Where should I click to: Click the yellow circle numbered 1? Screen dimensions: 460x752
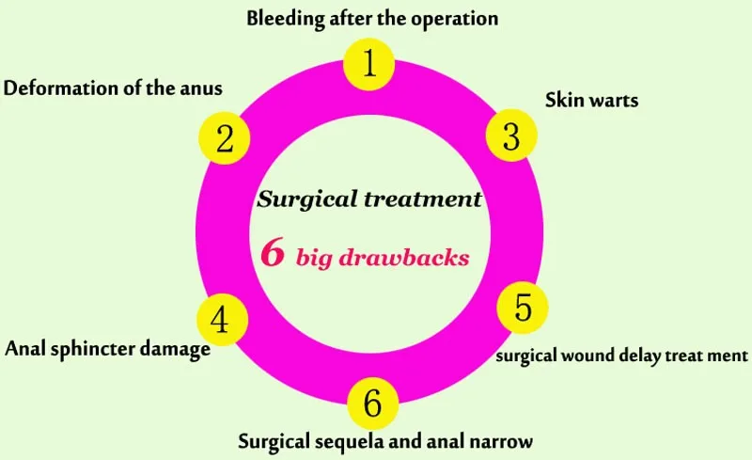pyautogui.click(x=370, y=64)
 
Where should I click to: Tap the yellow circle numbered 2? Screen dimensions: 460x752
pyautogui.click(x=225, y=139)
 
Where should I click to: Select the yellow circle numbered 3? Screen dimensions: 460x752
pyautogui.click(x=511, y=137)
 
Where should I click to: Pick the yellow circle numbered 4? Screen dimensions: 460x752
pyautogui.click(x=221, y=321)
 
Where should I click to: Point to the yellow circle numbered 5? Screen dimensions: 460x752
pyautogui.click(x=523, y=309)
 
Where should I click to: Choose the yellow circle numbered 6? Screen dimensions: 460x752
pyautogui.click(x=373, y=404)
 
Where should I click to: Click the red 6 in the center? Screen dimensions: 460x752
pyautogui.click(x=273, y=254)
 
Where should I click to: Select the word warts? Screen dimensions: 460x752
pyautogui.click(x=614, y=101)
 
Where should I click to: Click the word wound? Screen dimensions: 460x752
pyautogui.click(x=589, y=356)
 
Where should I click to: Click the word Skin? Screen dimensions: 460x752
pyautogui.click(x=564, y=101)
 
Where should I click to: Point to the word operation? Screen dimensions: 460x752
pyautogui.click(x=455, y=19)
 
